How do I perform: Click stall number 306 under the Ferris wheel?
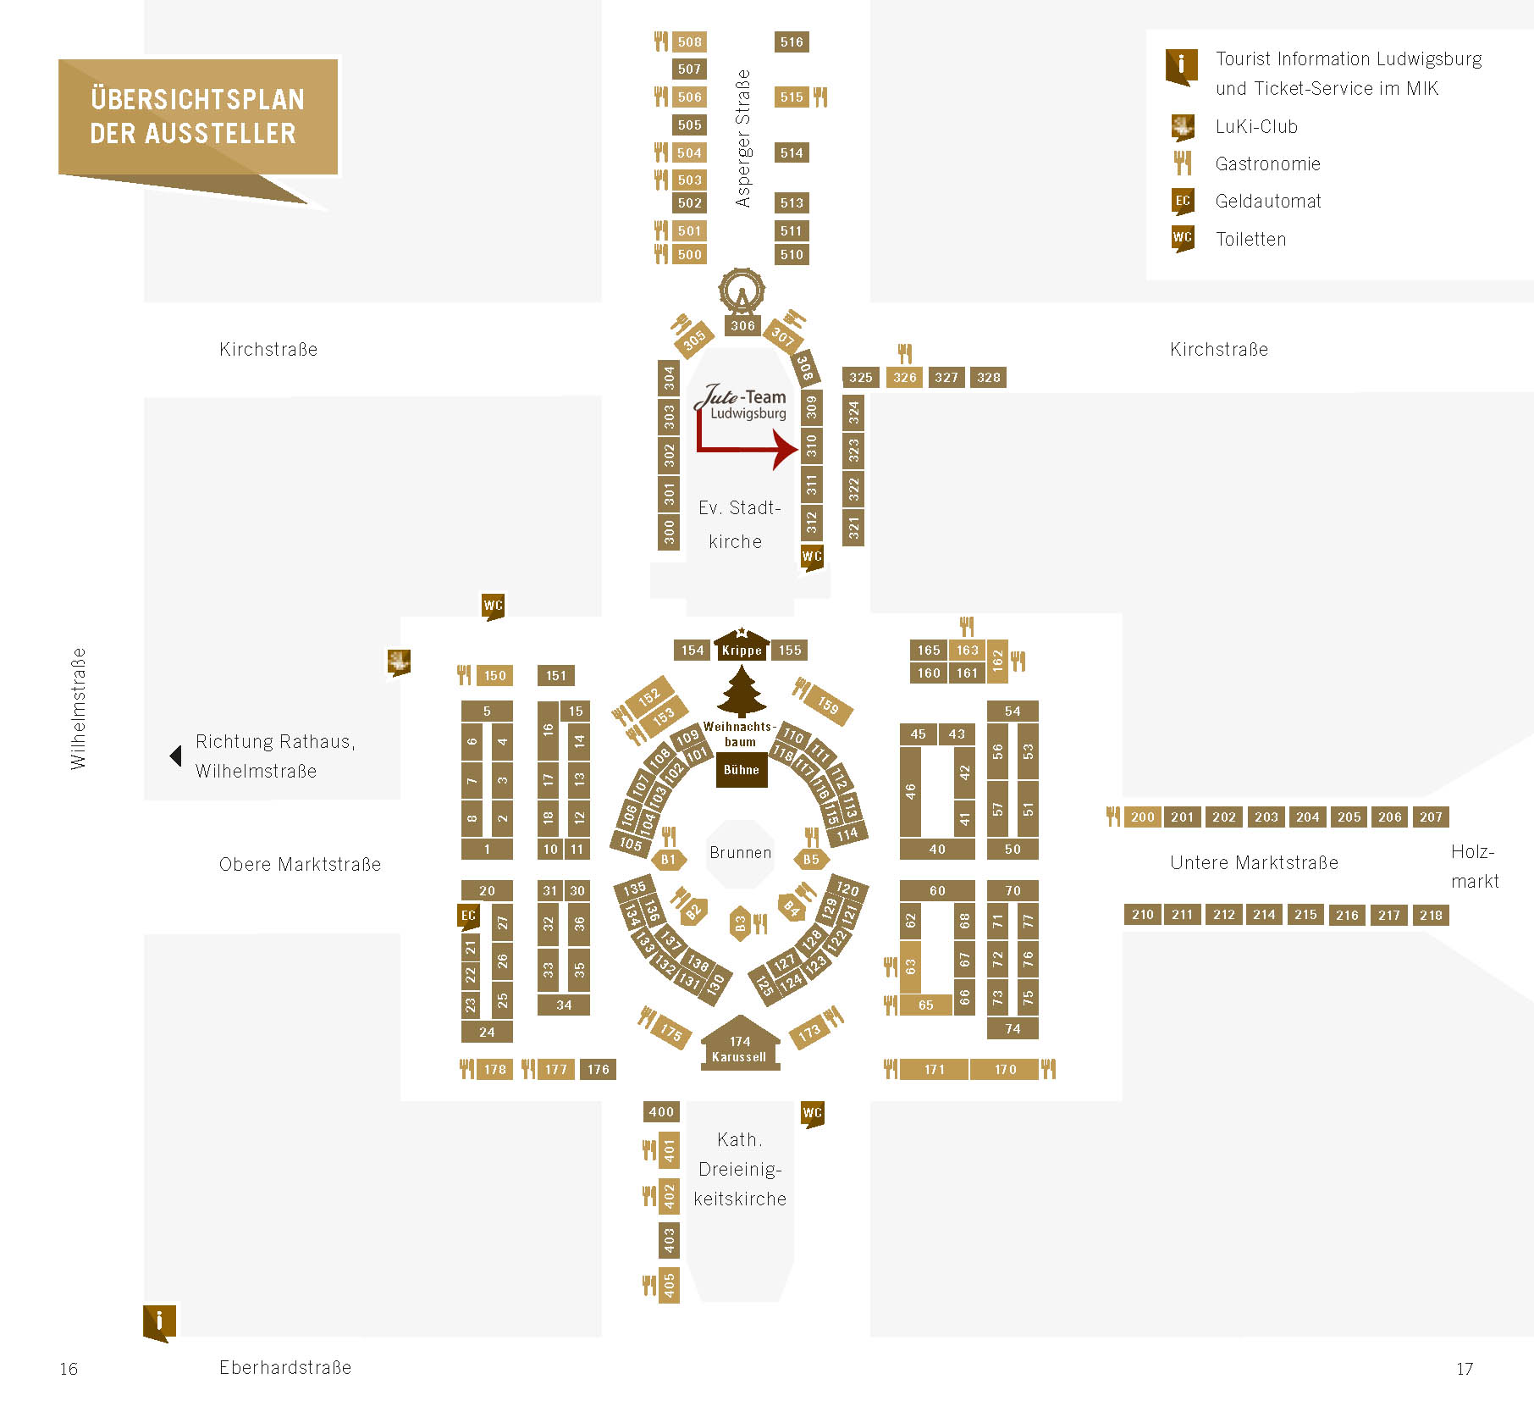[742, 326]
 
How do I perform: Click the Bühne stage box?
[742, 770]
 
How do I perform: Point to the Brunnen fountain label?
[741, 853]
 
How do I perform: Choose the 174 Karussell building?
[739, 1044]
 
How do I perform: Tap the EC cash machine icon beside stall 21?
[468, 916]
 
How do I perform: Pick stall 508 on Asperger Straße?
[689, 42]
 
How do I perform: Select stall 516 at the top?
[792, 42]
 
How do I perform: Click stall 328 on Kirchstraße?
[988, 378]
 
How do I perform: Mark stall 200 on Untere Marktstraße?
[1142, 817]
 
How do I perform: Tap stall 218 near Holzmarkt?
[1431, 915]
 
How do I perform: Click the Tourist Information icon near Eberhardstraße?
[160, 1321]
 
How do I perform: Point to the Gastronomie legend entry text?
[1267, 164]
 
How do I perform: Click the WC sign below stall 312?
[812, 557]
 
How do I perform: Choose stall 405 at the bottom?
[669, 1285]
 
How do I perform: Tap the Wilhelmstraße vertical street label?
[78, 709]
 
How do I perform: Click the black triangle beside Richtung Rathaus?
[175, 756]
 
